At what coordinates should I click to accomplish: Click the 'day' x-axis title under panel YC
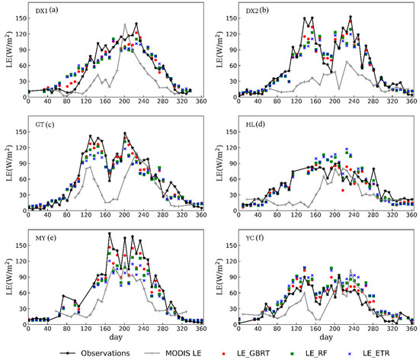[325, 336]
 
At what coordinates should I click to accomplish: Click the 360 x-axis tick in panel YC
[411, 328]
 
